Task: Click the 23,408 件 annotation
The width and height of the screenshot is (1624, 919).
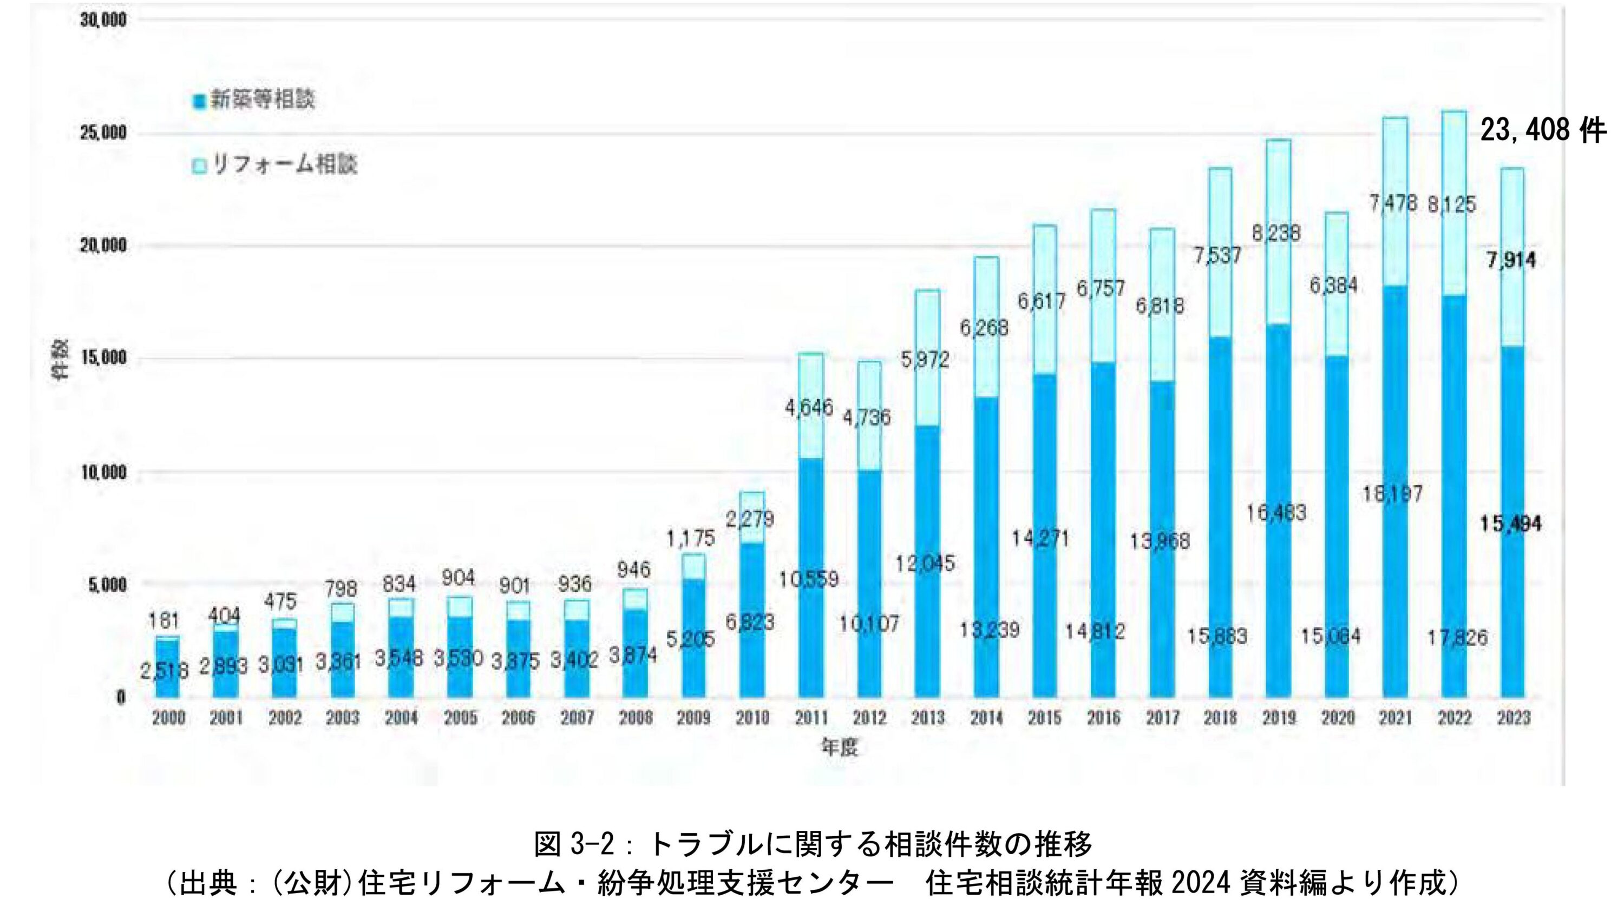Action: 1542,131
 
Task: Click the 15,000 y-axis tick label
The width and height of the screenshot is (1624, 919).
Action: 102,359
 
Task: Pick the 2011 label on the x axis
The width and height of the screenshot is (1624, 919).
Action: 810,718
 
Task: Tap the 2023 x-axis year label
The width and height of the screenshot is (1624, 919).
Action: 1514,718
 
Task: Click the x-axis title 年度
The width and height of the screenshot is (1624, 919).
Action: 840,749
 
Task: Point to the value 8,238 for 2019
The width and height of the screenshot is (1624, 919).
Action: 1276,233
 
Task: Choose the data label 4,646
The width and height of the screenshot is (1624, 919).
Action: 809,408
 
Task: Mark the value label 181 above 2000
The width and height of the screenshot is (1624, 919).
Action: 163,620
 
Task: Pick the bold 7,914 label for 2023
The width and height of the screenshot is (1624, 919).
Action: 1511,260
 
